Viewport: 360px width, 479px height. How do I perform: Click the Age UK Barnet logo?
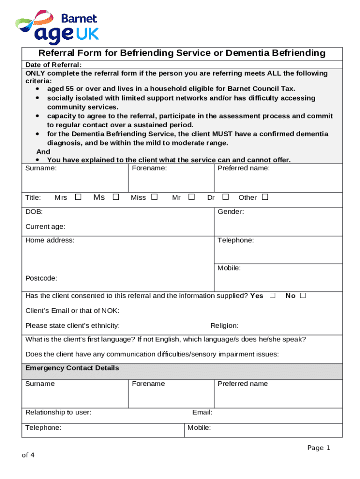click(x=57, y=27)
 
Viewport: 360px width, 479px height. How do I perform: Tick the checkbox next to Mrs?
click(x=79, y=197)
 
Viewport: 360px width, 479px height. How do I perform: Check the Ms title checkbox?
click(x=115, y=197)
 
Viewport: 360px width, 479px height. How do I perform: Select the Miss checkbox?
click(x=154, y=197)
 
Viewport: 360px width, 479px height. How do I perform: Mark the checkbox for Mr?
click(x=191, y=197)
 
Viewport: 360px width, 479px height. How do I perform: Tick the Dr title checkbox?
click(x=225, y=197)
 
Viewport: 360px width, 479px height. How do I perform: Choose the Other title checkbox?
click(x=265, y=197)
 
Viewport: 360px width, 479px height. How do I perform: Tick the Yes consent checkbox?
click(x=273, y=296)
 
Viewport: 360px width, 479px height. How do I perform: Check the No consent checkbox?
click(x=303, y=296)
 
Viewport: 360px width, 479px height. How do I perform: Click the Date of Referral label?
click(x=54, y=65)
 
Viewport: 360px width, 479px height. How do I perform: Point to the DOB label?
click(x=34, y=212)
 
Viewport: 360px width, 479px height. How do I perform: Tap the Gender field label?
click(x=230, y=212)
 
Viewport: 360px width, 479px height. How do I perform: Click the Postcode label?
click(x=41, y=278)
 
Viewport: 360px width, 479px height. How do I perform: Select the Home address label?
click(x=50, y=240)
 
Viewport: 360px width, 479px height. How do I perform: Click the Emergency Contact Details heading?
click(x=72, y=368)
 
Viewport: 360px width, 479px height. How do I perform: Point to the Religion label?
click(x=224, y=326)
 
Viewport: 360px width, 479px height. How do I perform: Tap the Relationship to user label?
click(x=58, y=413)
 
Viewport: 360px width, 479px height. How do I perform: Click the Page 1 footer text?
click(x=319, y=448)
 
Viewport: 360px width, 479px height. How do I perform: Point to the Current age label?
click(x=45, y=227)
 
